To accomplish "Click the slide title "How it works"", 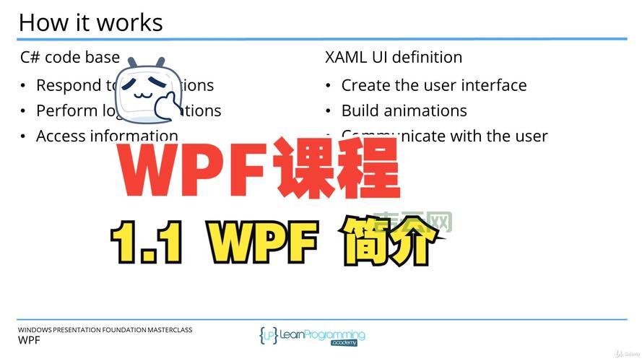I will [90, 22].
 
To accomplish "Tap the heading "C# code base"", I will [70, 57].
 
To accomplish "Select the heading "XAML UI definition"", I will [394, 57].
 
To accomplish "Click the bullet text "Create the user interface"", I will [433, 85].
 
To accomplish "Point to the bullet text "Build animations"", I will [404, 110].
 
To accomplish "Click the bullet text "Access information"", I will [107, 136].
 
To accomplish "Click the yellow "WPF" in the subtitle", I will [263, 242].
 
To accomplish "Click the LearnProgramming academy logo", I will [313, 336].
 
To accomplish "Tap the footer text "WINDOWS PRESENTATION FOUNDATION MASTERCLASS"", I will [105, 330].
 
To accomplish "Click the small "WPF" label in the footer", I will [29, 340].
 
